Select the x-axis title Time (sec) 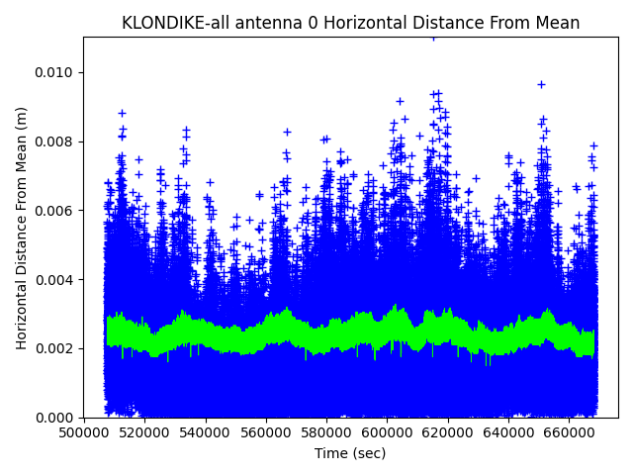350,453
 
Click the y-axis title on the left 22,228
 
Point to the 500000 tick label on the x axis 83,432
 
